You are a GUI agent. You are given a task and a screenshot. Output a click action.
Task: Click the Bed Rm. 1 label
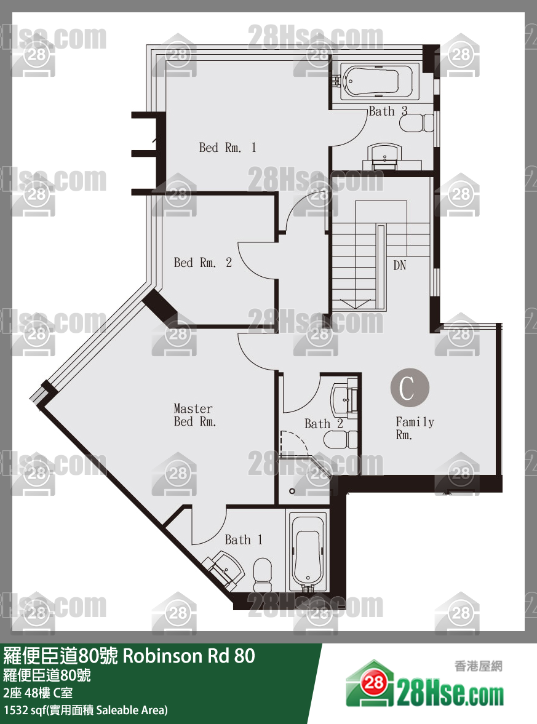pos(227,148)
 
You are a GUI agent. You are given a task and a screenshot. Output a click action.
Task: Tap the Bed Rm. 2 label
pos(203,263)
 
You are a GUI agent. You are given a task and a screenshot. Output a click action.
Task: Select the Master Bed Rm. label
pos(194,415)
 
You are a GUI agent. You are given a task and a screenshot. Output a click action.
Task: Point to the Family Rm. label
pos(415,429)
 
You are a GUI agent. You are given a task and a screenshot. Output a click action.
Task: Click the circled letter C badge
pos(410,388)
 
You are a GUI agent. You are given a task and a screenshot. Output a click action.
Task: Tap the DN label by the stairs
pos(399,265)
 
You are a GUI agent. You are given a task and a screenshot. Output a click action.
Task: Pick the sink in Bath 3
pos(384,154)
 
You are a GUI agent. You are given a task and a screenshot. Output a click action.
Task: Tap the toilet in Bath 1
pos(263,575)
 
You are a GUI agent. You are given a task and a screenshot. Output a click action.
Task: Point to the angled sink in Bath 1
pos(224,570)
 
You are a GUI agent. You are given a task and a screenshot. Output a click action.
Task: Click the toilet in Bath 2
pos(341,439)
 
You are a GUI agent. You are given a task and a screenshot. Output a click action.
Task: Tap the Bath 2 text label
pos(324,424)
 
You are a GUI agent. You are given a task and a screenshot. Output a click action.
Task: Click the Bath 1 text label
pos(244,539)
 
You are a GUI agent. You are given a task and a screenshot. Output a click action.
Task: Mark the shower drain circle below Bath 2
pos(292,491)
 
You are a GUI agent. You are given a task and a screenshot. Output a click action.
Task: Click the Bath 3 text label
pos(388,111)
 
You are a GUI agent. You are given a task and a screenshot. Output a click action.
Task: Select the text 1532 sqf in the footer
pos(23,710)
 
